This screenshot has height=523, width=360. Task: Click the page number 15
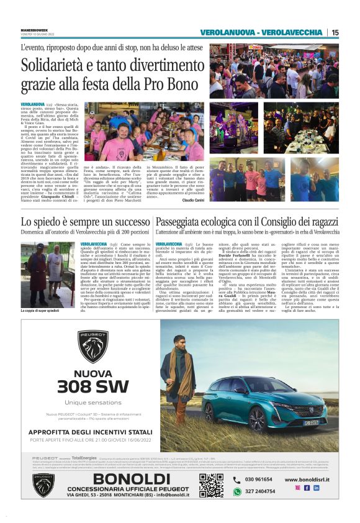335,32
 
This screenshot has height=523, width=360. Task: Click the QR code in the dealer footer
211,485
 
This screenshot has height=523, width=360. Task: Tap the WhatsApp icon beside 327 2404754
236,491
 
